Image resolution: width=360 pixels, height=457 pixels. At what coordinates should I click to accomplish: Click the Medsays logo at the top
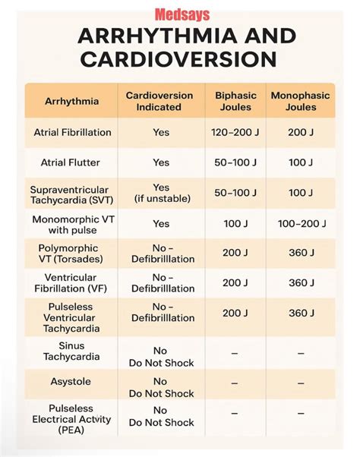(x=179, y=13)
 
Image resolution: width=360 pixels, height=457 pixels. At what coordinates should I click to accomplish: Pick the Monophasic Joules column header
(x=302, y=101)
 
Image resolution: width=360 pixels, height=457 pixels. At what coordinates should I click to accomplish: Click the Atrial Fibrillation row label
(x=72, y=132)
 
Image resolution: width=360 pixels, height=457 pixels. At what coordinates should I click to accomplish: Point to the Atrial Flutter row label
(x=72, y=162)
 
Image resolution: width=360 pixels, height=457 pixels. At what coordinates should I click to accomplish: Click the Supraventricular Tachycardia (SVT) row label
(x=69, y=194)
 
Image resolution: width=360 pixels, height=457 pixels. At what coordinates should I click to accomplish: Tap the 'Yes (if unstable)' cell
(x=161, y=194)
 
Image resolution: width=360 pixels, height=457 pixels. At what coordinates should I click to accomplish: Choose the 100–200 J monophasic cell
(x=302, y=224)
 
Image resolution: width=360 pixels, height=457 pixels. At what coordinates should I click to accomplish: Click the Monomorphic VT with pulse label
(x=72, y=224)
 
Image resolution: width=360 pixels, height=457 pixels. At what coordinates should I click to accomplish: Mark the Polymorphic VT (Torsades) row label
(x=70, y=254)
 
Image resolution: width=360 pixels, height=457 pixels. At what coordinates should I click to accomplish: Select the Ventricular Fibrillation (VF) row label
(x=70, y=283)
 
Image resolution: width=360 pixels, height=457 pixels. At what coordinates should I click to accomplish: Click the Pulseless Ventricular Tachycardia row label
(x=70, y=313)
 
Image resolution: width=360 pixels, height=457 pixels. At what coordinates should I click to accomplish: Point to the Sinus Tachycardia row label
(x=70, y=351)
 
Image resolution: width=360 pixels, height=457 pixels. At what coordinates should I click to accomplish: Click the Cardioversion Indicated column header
(x=160, y=101)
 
